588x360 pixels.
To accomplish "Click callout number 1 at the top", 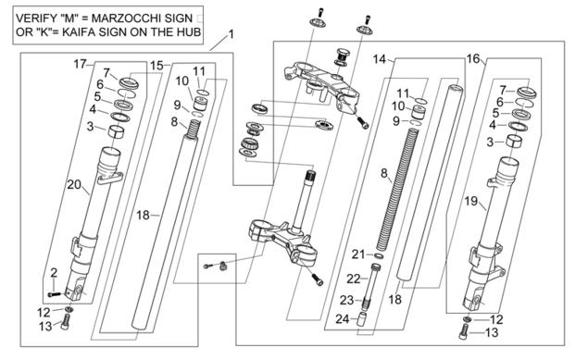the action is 231,34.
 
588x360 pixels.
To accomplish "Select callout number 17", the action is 80,64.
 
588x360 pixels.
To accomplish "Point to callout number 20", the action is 74,184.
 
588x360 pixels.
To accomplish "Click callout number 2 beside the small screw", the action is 54,273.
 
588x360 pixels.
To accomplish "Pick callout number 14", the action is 379,59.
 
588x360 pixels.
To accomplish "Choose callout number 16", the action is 473,58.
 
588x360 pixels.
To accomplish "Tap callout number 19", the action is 471,201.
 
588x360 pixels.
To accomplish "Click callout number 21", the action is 358,254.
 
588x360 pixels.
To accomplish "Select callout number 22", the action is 353,279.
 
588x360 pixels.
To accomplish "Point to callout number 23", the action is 347,300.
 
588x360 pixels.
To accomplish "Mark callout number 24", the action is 343,319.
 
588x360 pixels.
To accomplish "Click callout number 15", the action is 156,66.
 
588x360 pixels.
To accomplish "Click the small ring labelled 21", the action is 379,255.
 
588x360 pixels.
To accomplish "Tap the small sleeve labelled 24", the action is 361,319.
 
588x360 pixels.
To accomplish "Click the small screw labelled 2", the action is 55,294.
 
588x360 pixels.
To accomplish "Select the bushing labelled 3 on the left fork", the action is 117,131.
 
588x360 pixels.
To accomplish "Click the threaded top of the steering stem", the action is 310,175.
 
